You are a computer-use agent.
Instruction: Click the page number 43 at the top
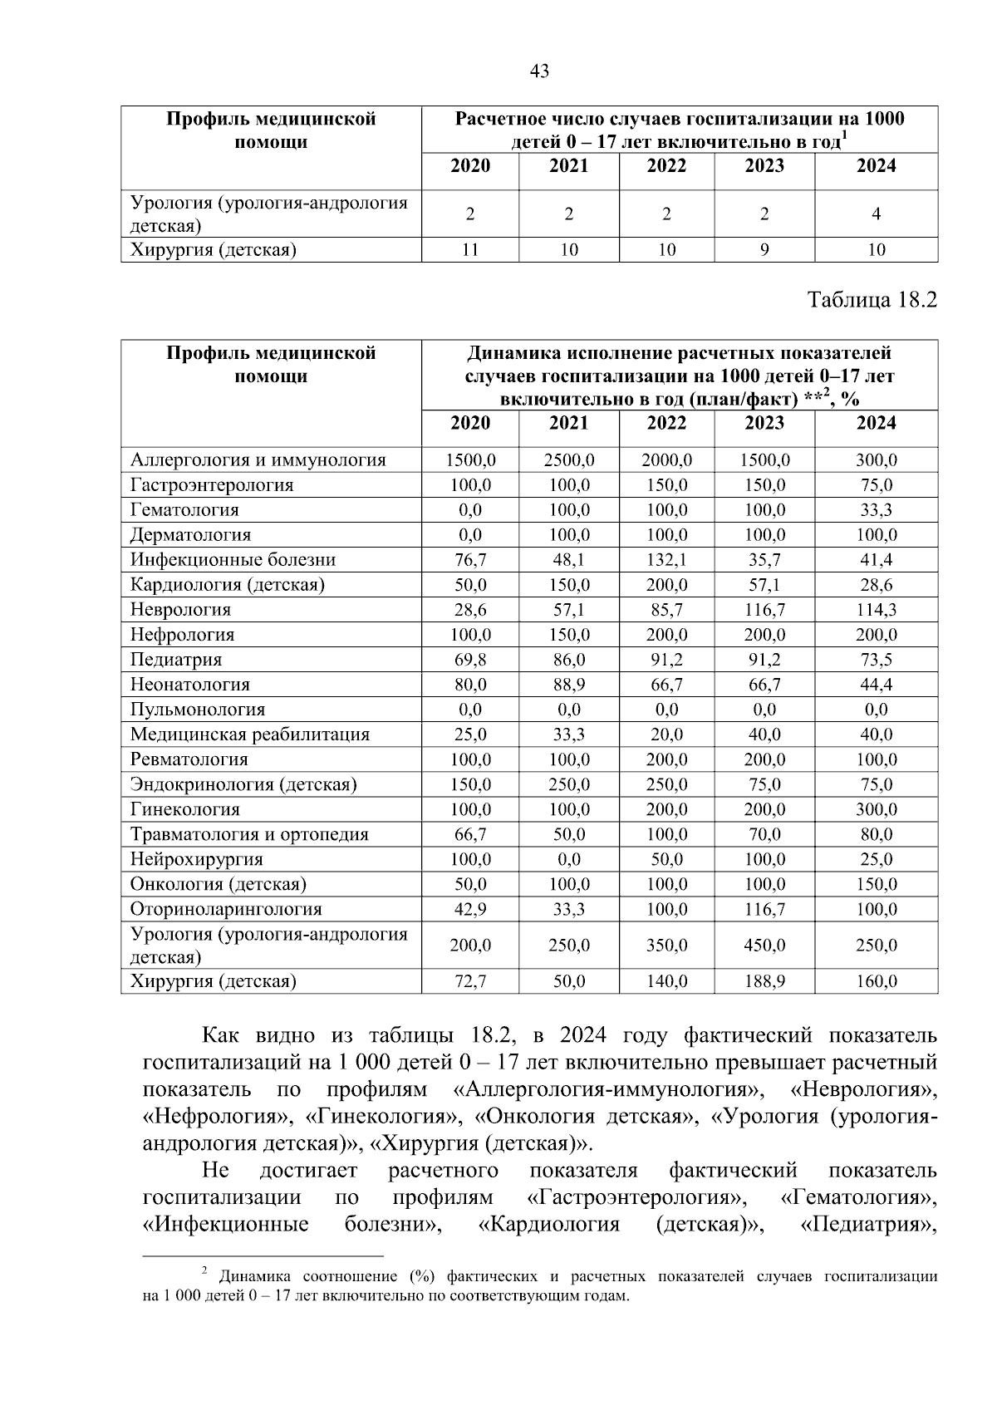[x=539, y=71]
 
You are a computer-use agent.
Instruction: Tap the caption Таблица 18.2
[x=872, y=300]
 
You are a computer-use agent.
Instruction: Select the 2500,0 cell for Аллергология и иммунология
[x=568, y=459]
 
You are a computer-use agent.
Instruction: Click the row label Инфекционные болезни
[x=233, y=559]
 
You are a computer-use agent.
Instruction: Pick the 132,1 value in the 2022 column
[x=666, y=559]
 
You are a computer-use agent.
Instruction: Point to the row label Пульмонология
[x=198, y=709]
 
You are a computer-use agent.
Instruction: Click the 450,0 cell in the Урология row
[x=764, y=945]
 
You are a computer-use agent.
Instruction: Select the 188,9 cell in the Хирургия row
[x=764, y=981]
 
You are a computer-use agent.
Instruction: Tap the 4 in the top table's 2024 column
[x=877, y=214]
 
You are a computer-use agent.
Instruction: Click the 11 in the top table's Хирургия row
[x=470, y=249]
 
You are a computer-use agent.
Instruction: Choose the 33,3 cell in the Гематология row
[x=877, y=509]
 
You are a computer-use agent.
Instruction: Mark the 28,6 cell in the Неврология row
[x=470, y=609]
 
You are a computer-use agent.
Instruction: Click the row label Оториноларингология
[x=226, y=908]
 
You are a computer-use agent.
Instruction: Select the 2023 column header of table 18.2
[x=764, y=423]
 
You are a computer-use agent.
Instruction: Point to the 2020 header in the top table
[x=470, y=165]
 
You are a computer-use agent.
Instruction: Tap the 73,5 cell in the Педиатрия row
[x=877, y=659]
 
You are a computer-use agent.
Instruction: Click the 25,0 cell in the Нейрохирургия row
[x=877, y=858]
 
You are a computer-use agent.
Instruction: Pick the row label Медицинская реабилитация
[x=250, y=734]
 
